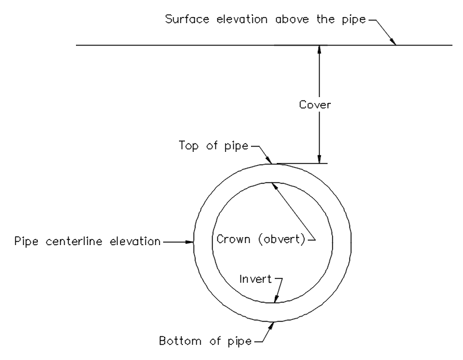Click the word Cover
pyautogui.click(x=315, y=104)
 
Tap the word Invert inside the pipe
pyautogui.click(x=255, y=279)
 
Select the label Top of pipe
pyautogui.click(x=213, y=145)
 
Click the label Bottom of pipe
pyautogui.click(x=205, y=341)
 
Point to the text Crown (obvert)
pyautogui.click(x=261, y=239)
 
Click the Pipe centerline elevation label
pyautogui.click(x=87, y=241)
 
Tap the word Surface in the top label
pyautogui.click(x=187, y=19)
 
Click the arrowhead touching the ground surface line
pyautogui.click(x=393, y=42)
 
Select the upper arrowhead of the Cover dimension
pyautogui.click(x=319, y=50)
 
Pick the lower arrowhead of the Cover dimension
pyautogui.click(x=319, y=159)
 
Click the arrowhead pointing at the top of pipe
pyautogui.click(x=268, y=160)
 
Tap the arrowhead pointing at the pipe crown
pyautogui.click(x=275, y=186)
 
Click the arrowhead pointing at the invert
pyautogui.click(x=276, y=299)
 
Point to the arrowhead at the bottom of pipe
pyautogui.click(x=271, y=326)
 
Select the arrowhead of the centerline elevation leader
pyautogui.click(x=190, y=242)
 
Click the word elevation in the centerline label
pyautogui.click(x=135, y=241)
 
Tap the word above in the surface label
pyautogui.click(x=292, y=19)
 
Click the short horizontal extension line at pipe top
pyautogui.click(x=302, y=163)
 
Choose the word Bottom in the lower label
pyautogui.click(x=180, y=341)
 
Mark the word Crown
pyautogui.click(x=233, y=238)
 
